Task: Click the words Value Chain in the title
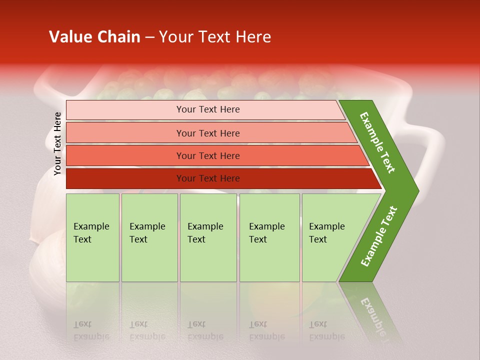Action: point(94,37)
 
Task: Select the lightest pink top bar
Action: point(125,110)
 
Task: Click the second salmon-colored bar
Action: point(125,133)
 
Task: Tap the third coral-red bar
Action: point(125,155)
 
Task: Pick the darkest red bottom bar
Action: point(125,178)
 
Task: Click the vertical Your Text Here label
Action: point(58,143)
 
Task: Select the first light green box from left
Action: point(92,237)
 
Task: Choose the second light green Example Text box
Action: point(149,237)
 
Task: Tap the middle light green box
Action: point(208,237)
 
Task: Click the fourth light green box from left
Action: point(269,237)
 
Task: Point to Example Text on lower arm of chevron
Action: point(379,236)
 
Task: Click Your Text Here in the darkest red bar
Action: point(208,178)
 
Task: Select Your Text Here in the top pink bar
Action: point(208,109)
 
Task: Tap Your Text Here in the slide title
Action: point(215,37)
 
